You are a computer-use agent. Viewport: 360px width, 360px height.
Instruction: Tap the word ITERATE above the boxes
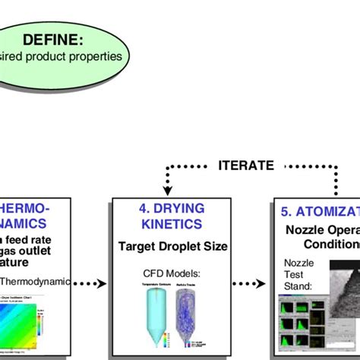pos(246,165)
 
